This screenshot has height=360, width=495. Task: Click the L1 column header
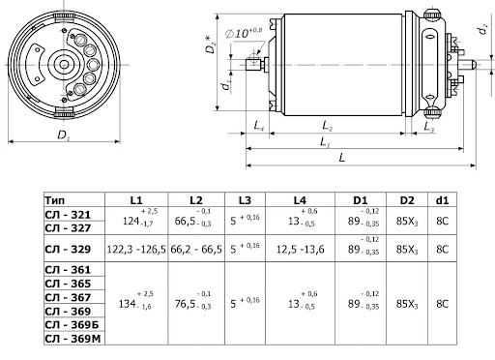[x=136, y=200]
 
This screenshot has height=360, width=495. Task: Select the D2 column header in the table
[x=407, y=200]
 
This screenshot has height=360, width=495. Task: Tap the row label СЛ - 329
[x=68, y=249]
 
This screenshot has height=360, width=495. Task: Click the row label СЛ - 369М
[x=73, y=339]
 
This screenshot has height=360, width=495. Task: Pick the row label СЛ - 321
[x=68, y=215]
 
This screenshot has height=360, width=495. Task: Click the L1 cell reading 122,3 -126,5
[x=136, y=250]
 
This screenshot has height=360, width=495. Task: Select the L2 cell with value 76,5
[x=192, y=302]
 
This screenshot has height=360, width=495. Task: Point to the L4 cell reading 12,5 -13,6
[x=300, y=250]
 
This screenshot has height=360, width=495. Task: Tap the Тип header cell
[x=55, y=200]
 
